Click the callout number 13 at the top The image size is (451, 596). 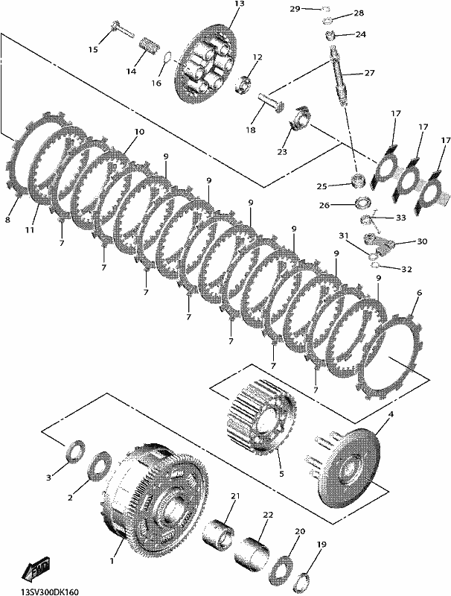[x=240, y=4]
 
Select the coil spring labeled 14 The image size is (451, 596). [x=148, y=47]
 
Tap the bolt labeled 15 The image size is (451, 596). [x=121, y=29]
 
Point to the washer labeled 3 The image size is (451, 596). [x=76, y=451]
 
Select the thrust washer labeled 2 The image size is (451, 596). [x=100, y=466]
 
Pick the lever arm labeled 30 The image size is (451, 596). [x=380, y=244]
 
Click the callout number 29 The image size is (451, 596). [x=295, y=9]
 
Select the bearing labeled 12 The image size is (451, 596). [x=243, y=84]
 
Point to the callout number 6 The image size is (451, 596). [x=419, y=293]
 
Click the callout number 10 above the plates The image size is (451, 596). [x=139, y=132]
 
